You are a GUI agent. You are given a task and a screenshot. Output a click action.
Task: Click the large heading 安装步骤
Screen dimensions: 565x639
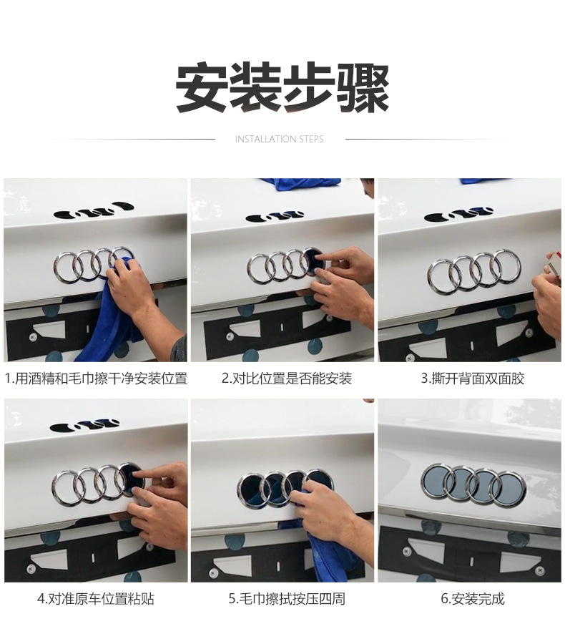[x=282, y=87]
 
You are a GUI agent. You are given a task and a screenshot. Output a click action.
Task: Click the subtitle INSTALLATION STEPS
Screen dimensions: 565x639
[x=280, y=139]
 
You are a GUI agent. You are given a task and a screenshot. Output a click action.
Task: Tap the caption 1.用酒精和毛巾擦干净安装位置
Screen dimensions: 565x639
[x=96, y=379]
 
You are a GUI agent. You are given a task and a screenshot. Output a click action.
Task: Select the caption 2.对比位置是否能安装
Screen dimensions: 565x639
[x=286, y=379]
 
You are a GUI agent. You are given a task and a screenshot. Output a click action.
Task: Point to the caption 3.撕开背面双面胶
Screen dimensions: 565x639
[x=473, y=379]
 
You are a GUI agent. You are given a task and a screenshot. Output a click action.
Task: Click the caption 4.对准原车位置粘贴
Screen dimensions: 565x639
[x=96, y=599]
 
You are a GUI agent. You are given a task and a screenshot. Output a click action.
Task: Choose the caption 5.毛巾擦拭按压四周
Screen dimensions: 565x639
[x=286, y=599]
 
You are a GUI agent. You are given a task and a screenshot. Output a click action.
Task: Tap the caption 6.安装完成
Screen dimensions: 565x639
[x=473, y=599]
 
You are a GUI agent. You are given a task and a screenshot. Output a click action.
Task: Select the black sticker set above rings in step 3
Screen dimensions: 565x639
[x=458, y=215]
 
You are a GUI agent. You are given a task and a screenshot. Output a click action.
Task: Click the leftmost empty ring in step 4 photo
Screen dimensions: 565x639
[x=54, y=488]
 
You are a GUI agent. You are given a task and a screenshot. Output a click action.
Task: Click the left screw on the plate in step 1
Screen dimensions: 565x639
[x=33, y=338]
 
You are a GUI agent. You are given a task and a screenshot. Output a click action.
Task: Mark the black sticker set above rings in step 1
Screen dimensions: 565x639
[x=94, y=209]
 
